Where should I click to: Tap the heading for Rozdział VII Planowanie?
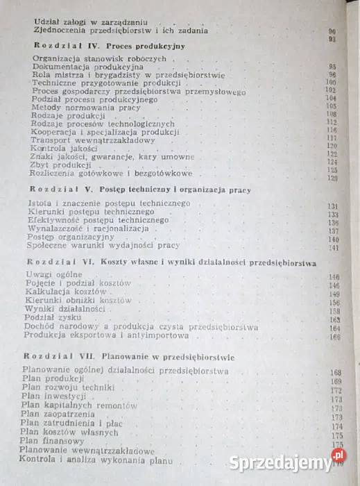[x=128, y=357]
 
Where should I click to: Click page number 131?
[x=333, y=206]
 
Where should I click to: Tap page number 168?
[x=334, y=372]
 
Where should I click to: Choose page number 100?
[x=332, y=83]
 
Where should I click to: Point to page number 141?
[x=334, y=248]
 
